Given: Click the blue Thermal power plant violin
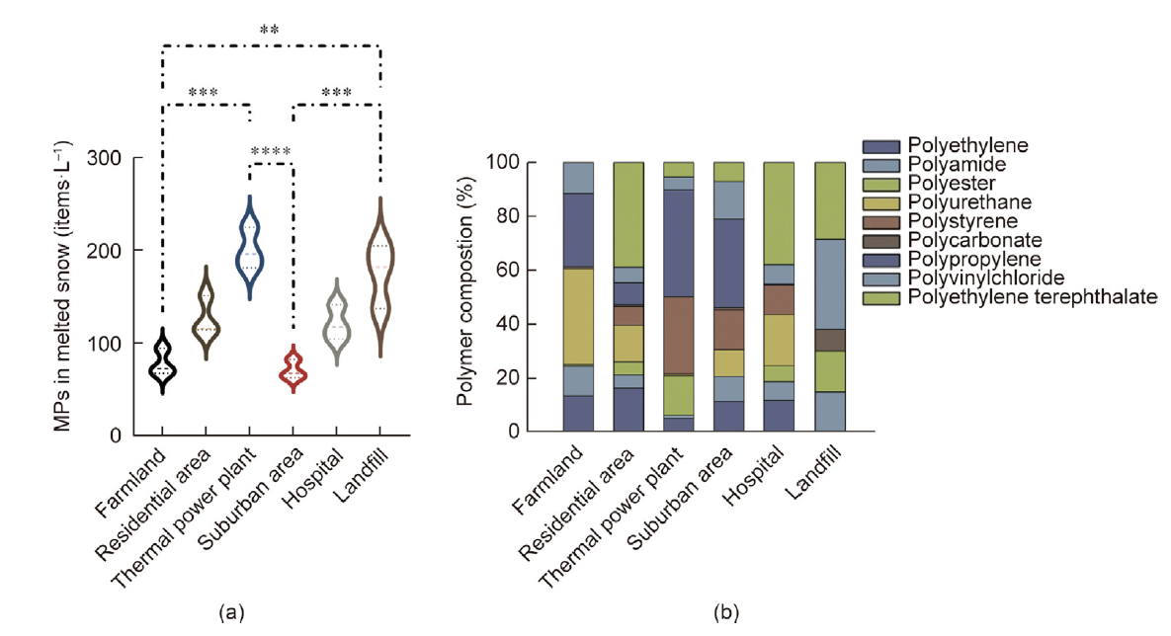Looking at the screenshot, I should (x=249, y=247).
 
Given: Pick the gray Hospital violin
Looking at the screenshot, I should (x=337, y=321).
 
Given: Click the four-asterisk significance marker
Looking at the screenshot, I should (x=270, y=152).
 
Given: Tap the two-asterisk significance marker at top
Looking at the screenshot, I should (x=270, y=31).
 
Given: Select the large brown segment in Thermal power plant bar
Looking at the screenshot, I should (x=678, y=335).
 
